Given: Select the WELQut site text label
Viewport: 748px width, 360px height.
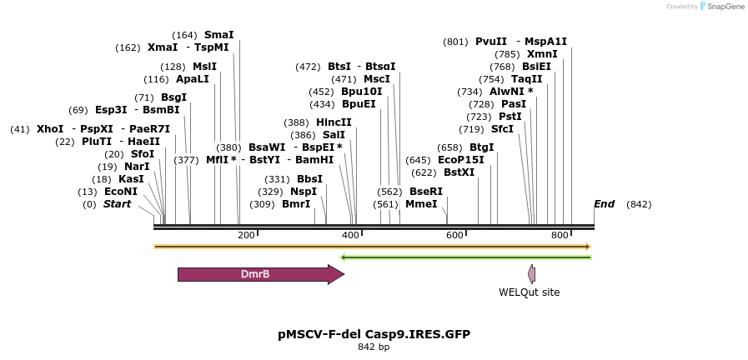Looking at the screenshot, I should pos(529,292).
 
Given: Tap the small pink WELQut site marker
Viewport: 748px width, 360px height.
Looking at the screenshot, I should pos(531,274).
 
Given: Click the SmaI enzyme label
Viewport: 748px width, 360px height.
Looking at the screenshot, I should pos(218,35).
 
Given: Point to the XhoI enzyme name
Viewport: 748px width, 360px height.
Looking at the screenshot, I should pos(50,129).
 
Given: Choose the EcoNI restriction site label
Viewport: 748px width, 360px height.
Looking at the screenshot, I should pos(120,192).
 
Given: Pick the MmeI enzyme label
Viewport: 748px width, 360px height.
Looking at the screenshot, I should pos(421,203).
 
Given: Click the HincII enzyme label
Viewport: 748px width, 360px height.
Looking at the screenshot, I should pos(334,122).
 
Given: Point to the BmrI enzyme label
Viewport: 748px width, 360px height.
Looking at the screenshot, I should pos(295,203).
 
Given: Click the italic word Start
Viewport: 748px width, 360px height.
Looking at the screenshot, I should pos(117,204).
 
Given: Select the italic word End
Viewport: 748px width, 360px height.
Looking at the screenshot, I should pos(604,204).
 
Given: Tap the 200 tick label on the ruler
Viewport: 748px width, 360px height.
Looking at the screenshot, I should pos(246,235).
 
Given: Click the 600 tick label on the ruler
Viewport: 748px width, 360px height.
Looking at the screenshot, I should pos(454,235).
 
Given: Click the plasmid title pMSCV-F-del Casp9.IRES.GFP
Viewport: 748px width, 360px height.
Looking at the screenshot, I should pos(374,334).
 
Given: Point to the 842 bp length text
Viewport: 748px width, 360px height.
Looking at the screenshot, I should pos(374,347).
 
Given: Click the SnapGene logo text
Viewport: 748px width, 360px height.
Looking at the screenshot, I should pos(725,7).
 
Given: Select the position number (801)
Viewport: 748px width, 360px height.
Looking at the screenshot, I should pos(456,42).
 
